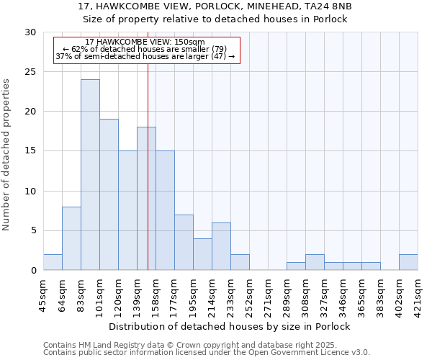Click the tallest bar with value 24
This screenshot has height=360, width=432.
(90, 175)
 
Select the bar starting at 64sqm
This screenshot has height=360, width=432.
(71, 238)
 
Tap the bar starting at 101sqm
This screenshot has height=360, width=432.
(109, 194)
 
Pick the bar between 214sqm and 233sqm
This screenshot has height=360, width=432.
(221, 246)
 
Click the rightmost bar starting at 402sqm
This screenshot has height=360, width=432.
(408, 262)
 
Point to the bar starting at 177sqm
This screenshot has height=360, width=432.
(184, 242)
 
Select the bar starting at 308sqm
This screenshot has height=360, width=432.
(315, 262)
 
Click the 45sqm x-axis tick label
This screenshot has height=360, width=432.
(44, 294)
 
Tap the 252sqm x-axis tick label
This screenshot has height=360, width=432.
(250, 294)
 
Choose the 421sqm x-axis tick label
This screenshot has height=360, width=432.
(418, 294)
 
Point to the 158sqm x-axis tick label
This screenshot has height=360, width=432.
(156, 294)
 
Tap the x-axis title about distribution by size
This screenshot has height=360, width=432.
(230, 326)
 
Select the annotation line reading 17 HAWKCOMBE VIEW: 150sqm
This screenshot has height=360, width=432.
(145, 42)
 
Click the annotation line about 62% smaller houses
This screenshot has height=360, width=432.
(145, 49)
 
